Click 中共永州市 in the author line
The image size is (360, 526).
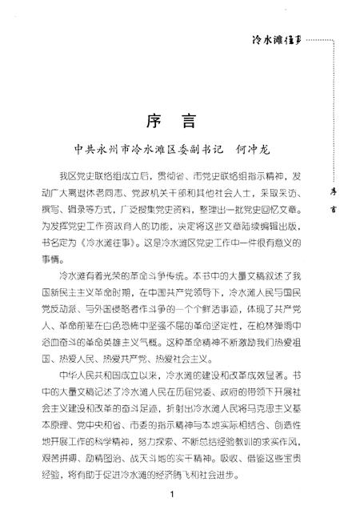(90, 149)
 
